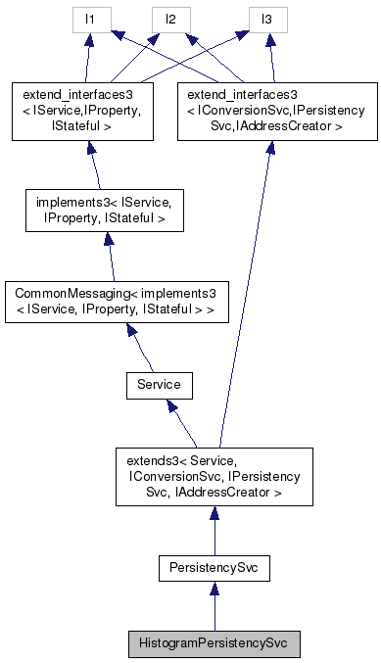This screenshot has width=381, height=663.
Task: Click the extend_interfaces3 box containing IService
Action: coord(81,110)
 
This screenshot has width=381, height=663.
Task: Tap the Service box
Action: coord(158,385)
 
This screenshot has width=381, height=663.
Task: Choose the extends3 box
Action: coord(213,476)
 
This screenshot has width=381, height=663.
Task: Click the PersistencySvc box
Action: coord(213,567)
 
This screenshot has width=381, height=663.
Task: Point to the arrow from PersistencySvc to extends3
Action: coord(213,530)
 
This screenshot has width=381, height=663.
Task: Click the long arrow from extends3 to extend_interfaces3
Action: coord(244,294)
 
